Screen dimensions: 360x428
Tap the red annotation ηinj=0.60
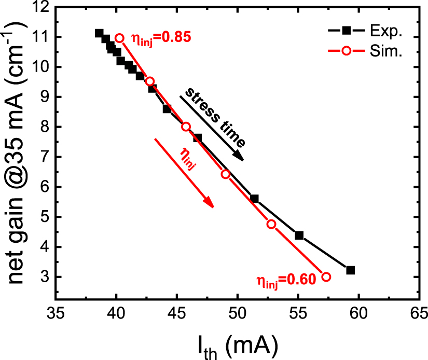coord(286,280)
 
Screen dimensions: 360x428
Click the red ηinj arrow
coord(184,173)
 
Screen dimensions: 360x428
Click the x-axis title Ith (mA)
coord(237,344)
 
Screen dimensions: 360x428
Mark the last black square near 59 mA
coord(350,270)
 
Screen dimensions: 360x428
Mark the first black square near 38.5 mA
coord(99,33)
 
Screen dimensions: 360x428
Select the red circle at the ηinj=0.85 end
coord(120,38)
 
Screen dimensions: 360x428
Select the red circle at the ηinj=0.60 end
coord(326,277)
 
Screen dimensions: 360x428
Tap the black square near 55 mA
coord(299,236)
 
